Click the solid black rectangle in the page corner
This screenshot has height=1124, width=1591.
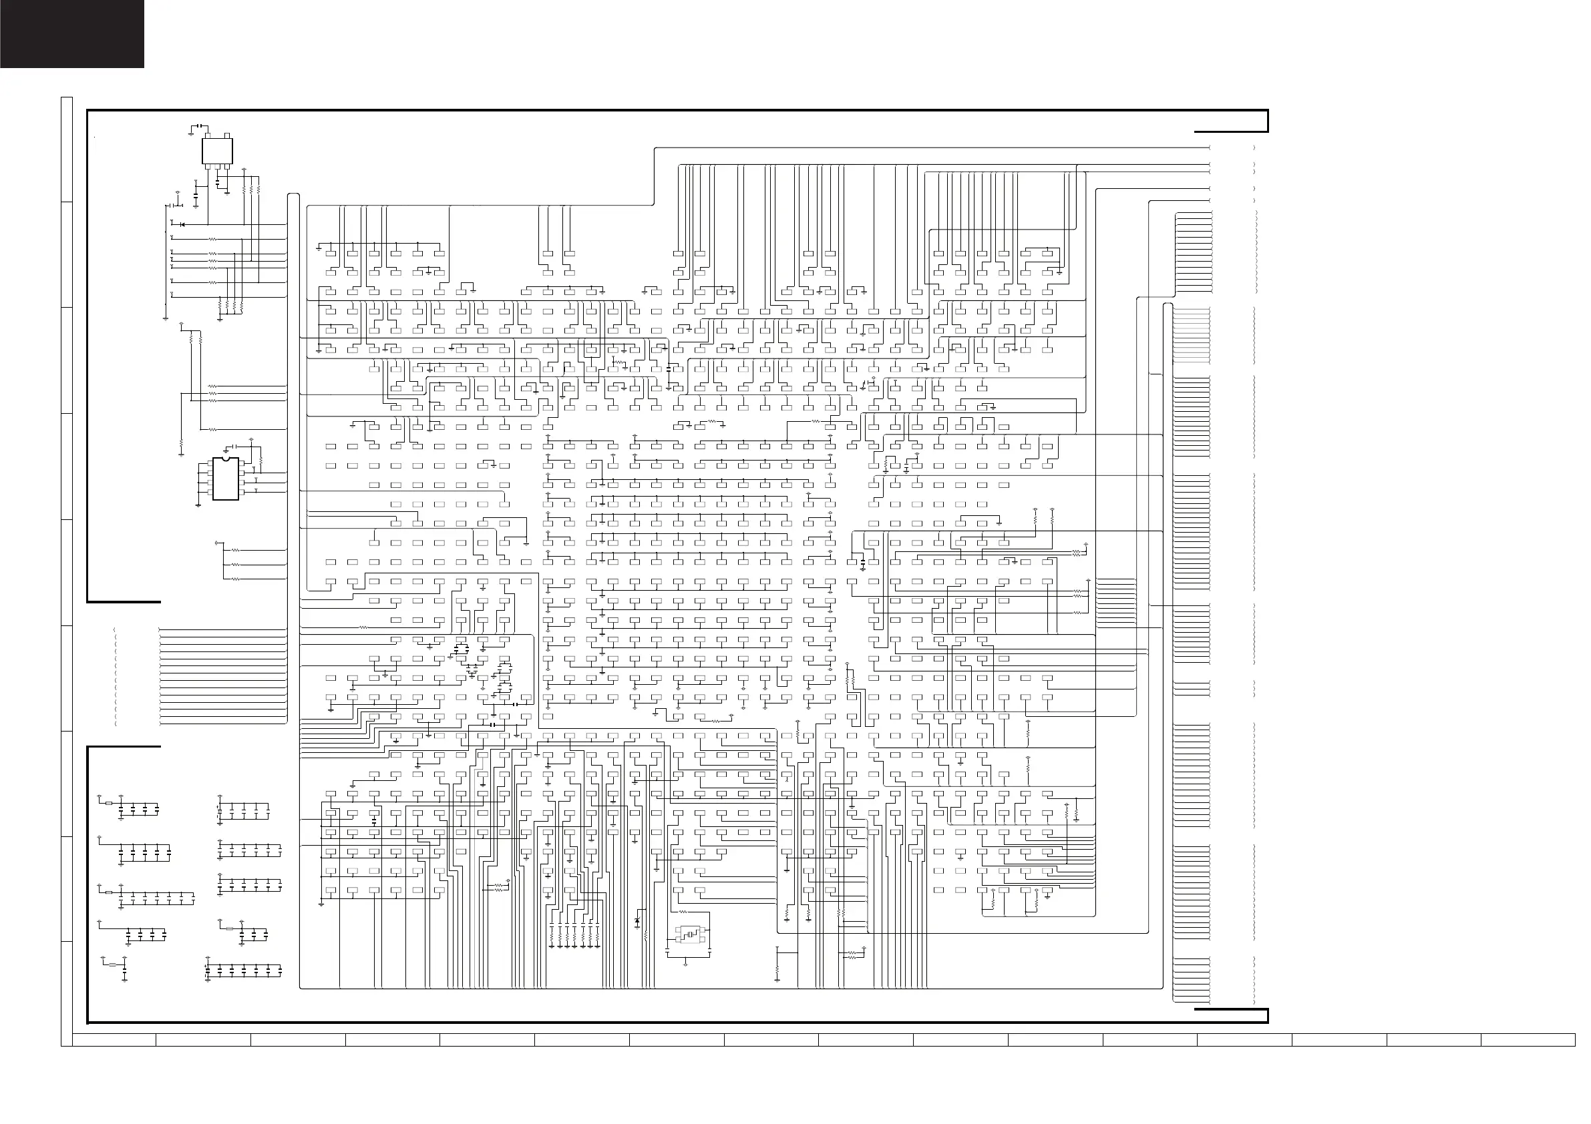coord(72,34)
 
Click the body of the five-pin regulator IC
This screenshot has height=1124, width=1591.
coord(217,151)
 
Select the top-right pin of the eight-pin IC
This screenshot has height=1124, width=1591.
coord(241,463)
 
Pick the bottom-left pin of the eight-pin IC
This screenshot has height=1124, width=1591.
coord(209,492)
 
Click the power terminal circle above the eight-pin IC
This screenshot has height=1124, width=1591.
coord(251,440)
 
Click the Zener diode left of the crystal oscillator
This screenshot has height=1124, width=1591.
coord(637,922)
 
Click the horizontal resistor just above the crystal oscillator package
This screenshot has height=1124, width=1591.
coord(683,912)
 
